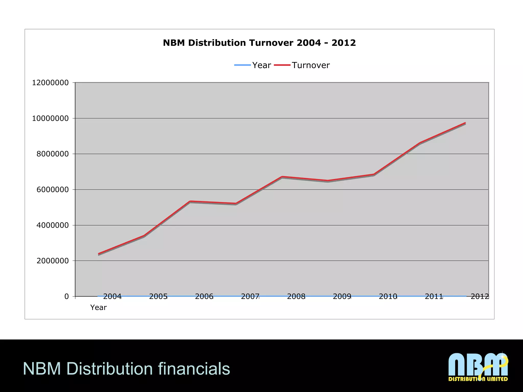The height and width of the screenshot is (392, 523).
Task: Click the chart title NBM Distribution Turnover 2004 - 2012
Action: point(259,43)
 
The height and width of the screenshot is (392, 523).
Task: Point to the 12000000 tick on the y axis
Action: point(50,83)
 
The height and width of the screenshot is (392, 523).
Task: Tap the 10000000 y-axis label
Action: point(50,118)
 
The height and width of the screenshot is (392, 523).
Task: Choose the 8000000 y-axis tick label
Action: point(53,154)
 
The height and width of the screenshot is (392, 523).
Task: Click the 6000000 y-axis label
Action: point(53,190)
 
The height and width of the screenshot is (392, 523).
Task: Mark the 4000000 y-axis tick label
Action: point(53,225)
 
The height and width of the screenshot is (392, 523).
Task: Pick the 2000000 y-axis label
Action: point(53,261)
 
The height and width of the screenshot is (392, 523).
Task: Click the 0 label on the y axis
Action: point(67,297)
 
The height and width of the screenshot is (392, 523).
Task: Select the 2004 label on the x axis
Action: point(112,297)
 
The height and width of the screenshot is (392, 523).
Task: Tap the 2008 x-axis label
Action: point(296,297)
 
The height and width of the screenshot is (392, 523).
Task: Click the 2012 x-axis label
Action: point(480,297)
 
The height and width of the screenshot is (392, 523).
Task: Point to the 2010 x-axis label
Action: point(388,297)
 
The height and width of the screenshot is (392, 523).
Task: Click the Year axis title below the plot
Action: point(98,308)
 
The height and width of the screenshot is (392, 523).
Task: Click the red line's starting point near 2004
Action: point(99,254)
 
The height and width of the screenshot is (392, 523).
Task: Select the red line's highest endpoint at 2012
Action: point(465,123)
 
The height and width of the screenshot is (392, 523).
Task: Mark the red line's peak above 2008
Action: point(282,177)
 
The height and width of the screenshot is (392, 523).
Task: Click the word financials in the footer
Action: point(194,369)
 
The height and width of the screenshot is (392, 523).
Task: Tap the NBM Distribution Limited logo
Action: point(478,367)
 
